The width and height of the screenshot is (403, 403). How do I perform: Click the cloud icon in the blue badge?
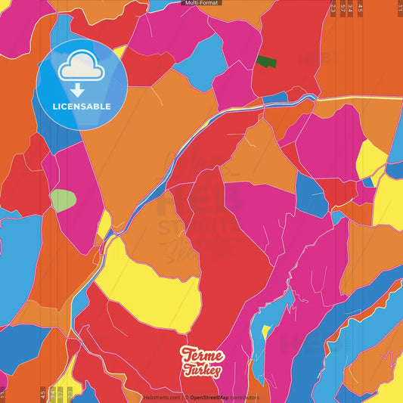(x=81, y=67)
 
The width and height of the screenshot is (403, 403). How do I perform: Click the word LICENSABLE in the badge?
(x=82, y=107)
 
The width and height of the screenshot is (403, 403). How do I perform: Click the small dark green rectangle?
(x=265, y=61)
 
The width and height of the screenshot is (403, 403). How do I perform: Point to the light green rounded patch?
(x=63, y=200)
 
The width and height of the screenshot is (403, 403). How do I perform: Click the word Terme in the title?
(x=202, y=356)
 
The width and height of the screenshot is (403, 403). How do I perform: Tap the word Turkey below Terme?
(x=202, y=370)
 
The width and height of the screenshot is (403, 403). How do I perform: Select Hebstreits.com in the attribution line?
(x=161, y=397)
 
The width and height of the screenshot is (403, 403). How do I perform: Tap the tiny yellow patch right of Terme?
(x=265, y=330)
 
